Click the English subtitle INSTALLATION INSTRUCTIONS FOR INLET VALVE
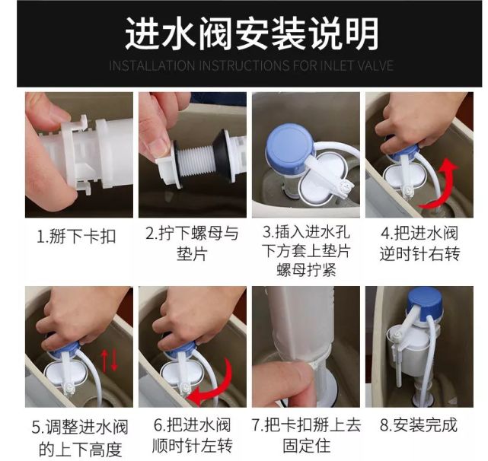click(251, 65)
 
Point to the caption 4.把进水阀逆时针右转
click(420, 244)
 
